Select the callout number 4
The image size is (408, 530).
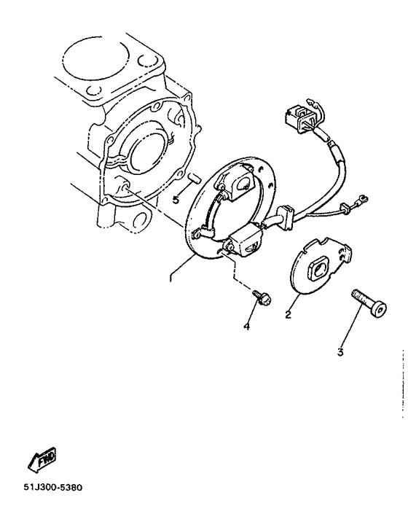(x=246, y=327)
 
